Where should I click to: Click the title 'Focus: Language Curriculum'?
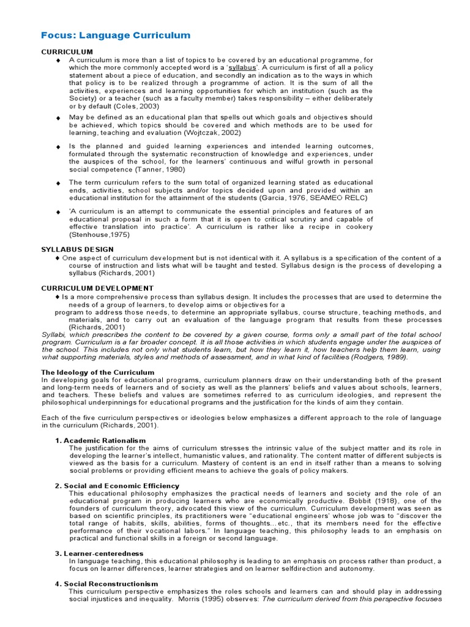point(116,36)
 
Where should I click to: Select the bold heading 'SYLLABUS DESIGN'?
point(77,249)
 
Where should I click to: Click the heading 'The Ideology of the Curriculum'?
point(97,372)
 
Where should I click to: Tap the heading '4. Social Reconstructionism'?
point(106,584)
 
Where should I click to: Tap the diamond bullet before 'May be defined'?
point(58,118)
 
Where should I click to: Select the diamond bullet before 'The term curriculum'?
point(58,183)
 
